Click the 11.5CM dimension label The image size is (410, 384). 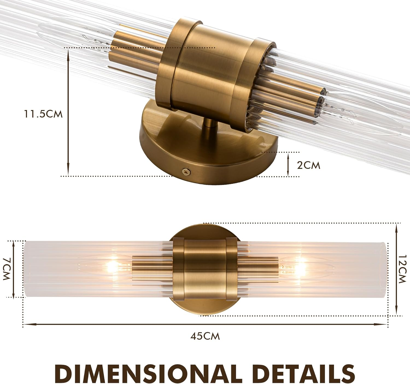pos(43,114)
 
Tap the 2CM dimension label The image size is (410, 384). pos(308,166)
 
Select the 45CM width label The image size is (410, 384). pos(205,336)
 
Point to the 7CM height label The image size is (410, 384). pos(6,269)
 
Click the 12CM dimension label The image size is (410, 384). pos(402,269)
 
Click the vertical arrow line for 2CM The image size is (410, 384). pos(288,164)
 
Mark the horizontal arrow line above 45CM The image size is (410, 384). pos(205,325)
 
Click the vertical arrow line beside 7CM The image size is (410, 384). pos(13,269)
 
